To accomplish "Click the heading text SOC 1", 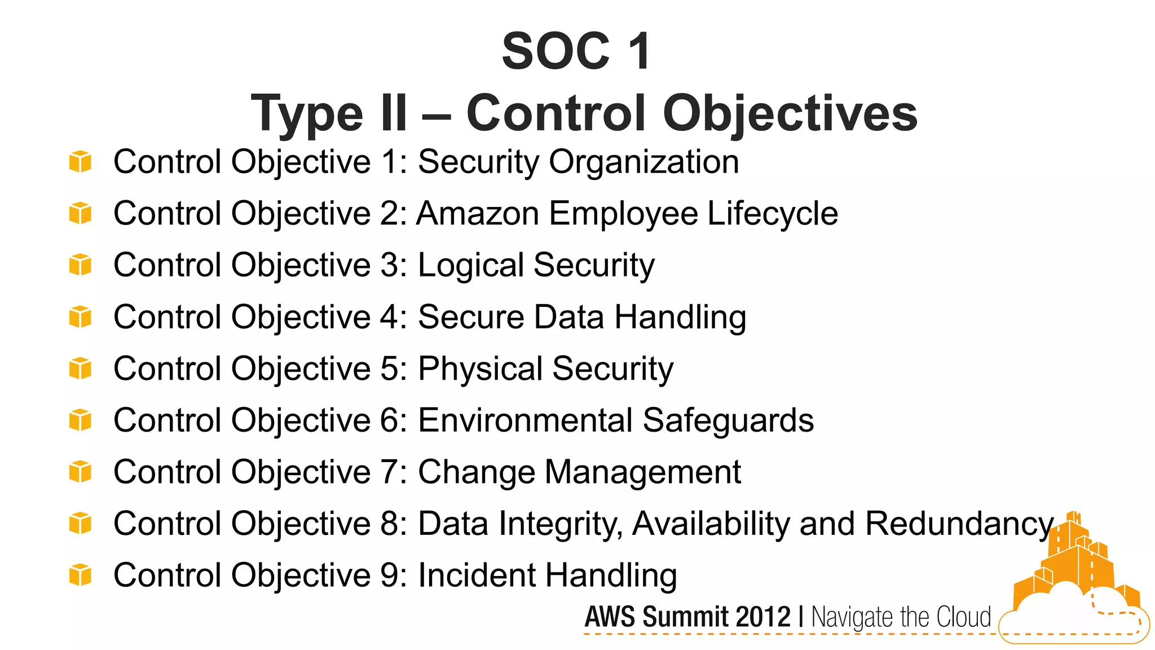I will click(x=576, y=51).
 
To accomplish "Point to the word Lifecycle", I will click(x=773, y=214).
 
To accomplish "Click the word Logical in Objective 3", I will click(x=471, y=266).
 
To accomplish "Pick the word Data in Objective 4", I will click(x=569, y=317).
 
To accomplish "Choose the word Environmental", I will click(x=525, y=420).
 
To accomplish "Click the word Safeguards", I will click(x=728, y=420).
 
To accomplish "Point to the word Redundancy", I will click(x=959, y=524).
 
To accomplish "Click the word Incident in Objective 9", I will click(x=477, y=576).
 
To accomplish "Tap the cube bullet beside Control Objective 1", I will click(x=80, y=161).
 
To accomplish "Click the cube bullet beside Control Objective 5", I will click(x=80, y=368).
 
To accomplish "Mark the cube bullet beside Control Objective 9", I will click(x=80, y=575).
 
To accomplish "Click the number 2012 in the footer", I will click(x=763, y=617).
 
